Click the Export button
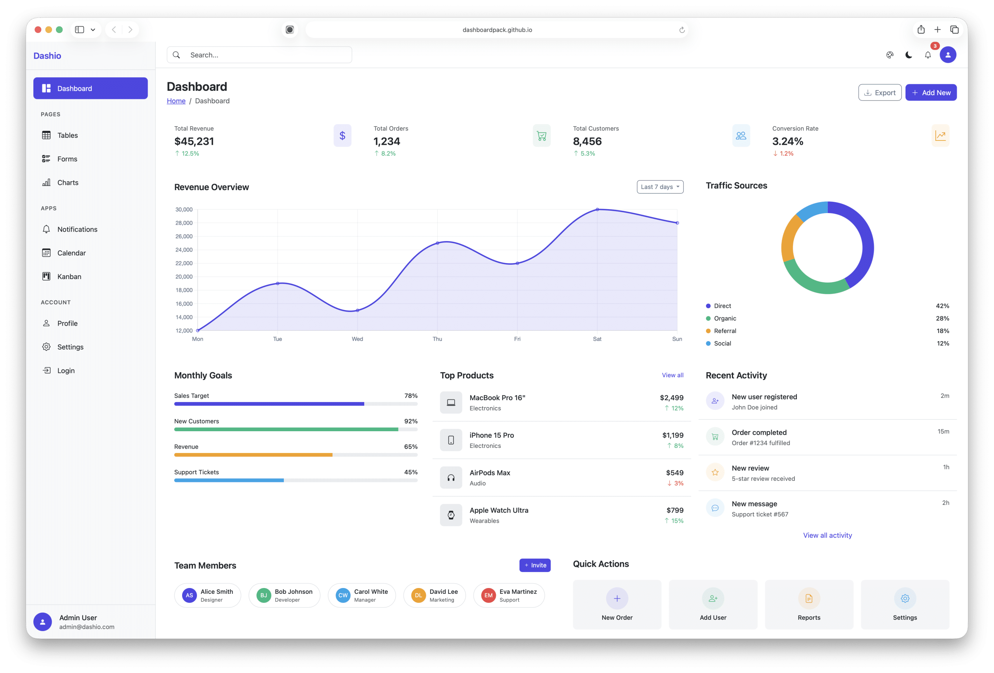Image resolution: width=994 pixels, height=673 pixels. [x=879, y=92]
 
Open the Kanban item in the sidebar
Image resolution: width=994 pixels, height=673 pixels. [x=69, y=277]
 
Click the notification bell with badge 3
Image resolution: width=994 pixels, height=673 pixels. [x=928, y=55]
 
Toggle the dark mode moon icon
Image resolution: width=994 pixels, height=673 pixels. [x=909, y=55]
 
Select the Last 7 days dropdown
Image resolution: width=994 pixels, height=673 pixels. [x=660, y=187]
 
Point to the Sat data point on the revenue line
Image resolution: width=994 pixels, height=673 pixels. [x=597, y=210]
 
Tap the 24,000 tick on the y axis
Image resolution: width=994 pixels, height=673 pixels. [x=184, y=250]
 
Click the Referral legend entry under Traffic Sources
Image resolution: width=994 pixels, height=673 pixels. [x=725, y=331]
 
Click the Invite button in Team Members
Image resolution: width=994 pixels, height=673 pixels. [x=535, y=565]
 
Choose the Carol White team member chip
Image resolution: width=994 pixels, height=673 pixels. [x=361, y=595]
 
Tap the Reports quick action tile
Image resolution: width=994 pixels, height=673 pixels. [x=808, y=605]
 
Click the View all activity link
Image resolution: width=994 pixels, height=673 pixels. [x=827, y=535]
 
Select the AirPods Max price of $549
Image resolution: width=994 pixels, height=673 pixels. [x=674, y=472]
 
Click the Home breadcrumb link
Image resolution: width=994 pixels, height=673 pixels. [x=176, y=101]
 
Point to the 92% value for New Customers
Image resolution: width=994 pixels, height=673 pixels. [x=410, y=421]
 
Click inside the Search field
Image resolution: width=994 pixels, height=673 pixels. [x=265, y=55]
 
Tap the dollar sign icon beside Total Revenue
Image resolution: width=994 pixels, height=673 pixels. [x=342, y=135]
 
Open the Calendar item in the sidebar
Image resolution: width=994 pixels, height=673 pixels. [x=71, y=253]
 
